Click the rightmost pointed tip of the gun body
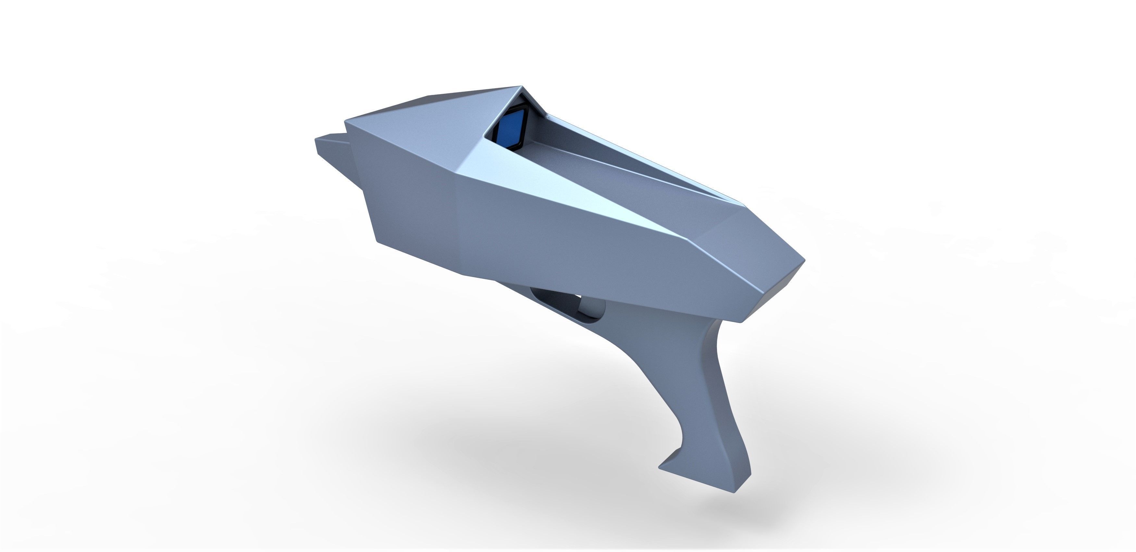804,261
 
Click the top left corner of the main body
345,120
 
